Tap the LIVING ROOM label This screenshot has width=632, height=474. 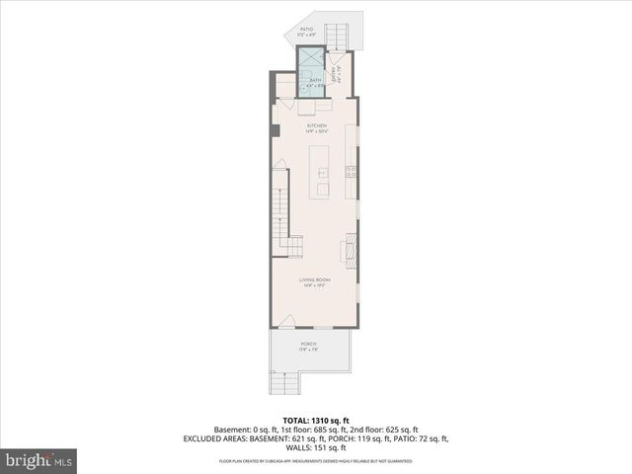point(316,281)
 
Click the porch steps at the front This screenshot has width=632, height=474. point(284,384)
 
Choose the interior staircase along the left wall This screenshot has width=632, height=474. point(281,212)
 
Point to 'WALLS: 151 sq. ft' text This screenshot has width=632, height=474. point(316,447)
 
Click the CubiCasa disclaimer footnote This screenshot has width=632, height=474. point(316,461)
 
